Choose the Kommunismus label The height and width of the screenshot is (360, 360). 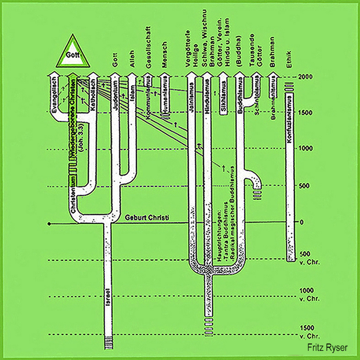(x=149, y=99)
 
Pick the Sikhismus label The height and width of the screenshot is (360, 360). (x=224, y=102)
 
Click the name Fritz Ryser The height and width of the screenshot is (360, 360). (x=328, y=348)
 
